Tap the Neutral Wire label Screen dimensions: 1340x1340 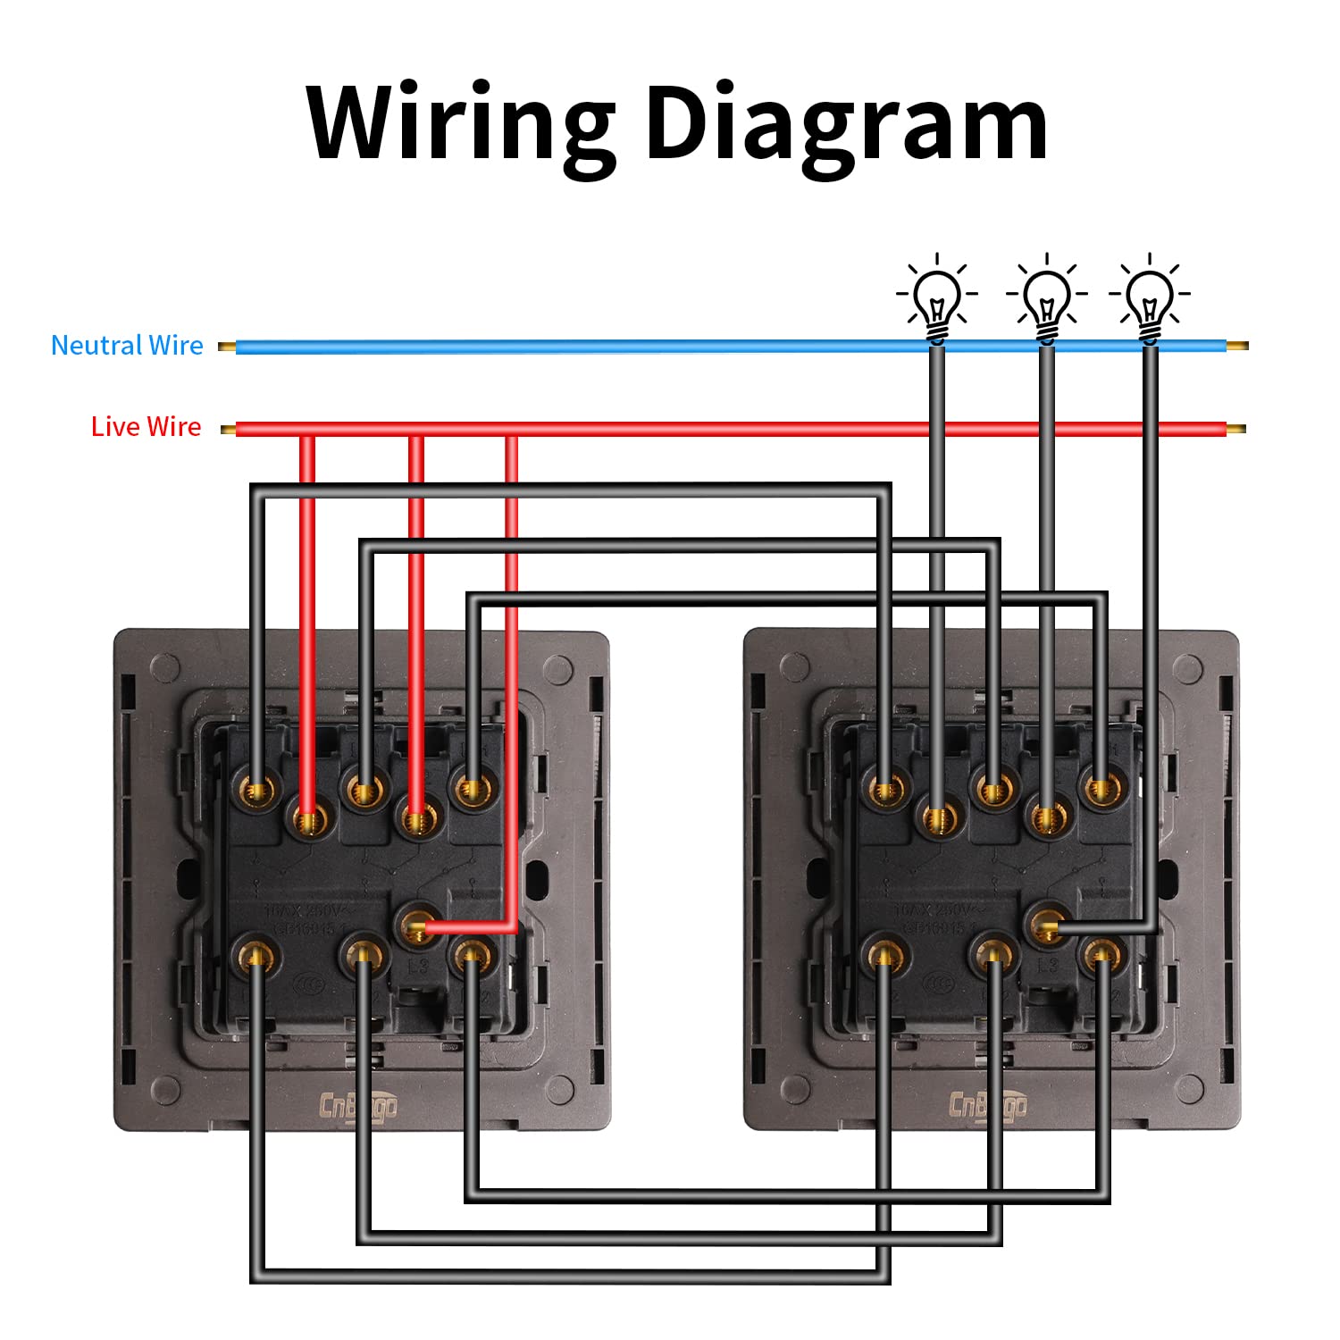click(127, 346)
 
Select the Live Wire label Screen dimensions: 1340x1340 click(147, 427)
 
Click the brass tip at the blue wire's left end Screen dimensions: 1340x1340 click(227, 347)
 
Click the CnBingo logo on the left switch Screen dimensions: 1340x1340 click(359, 1107)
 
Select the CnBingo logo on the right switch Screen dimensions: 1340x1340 click(987, 1106)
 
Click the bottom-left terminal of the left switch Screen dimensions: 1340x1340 click(256, 956)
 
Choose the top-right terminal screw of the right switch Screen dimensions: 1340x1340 click(1100, 789)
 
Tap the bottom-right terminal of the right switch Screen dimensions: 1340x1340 click(1101, 957)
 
